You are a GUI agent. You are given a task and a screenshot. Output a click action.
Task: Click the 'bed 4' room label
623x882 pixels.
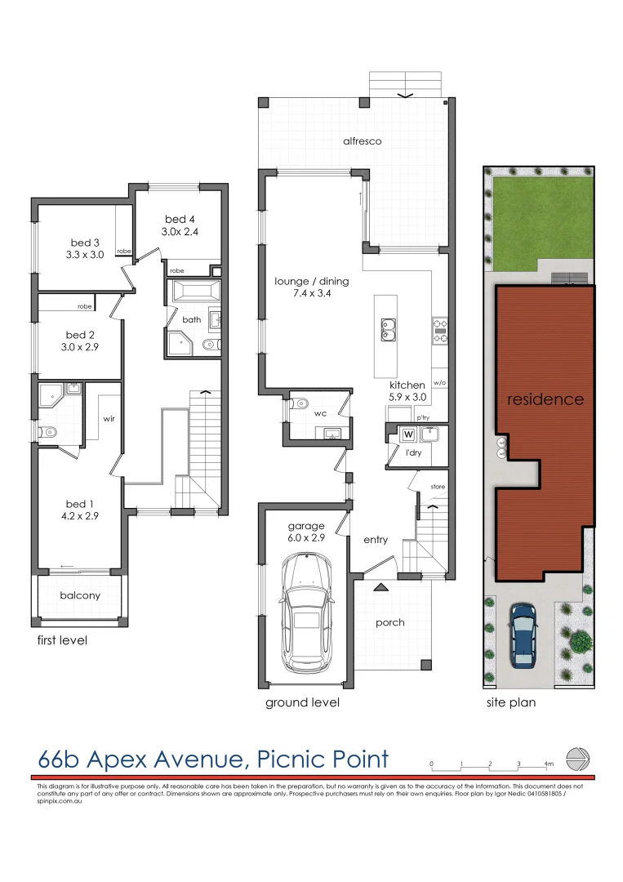pos(180,219)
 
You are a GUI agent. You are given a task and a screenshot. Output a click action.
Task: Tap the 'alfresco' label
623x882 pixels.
pos(363,141)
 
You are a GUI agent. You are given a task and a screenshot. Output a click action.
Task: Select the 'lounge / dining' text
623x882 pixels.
pos(311,282)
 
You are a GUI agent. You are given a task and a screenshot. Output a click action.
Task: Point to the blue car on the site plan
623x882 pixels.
pos(522,634)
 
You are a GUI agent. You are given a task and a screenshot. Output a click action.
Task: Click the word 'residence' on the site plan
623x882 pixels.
pos(545,399)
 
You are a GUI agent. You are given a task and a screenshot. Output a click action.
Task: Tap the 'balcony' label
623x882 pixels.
pos(80,595)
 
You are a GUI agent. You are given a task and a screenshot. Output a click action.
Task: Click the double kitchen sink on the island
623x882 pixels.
pos(389,329)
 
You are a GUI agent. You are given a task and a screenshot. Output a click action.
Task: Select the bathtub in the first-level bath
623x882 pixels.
pos(194,292)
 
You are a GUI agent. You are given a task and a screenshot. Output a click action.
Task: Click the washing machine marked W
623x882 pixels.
pos(407,434)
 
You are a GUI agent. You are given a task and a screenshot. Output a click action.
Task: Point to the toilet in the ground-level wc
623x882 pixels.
pos(301,402)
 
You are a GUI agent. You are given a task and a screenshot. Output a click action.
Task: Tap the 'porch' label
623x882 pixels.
pos(390,622)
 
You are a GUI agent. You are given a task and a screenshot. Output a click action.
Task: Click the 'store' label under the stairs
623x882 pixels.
pos(438,487)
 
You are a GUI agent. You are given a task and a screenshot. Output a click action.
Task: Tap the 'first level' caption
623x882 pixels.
pos(62,640)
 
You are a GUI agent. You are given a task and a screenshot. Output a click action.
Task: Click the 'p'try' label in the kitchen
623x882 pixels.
pos(423,418)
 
